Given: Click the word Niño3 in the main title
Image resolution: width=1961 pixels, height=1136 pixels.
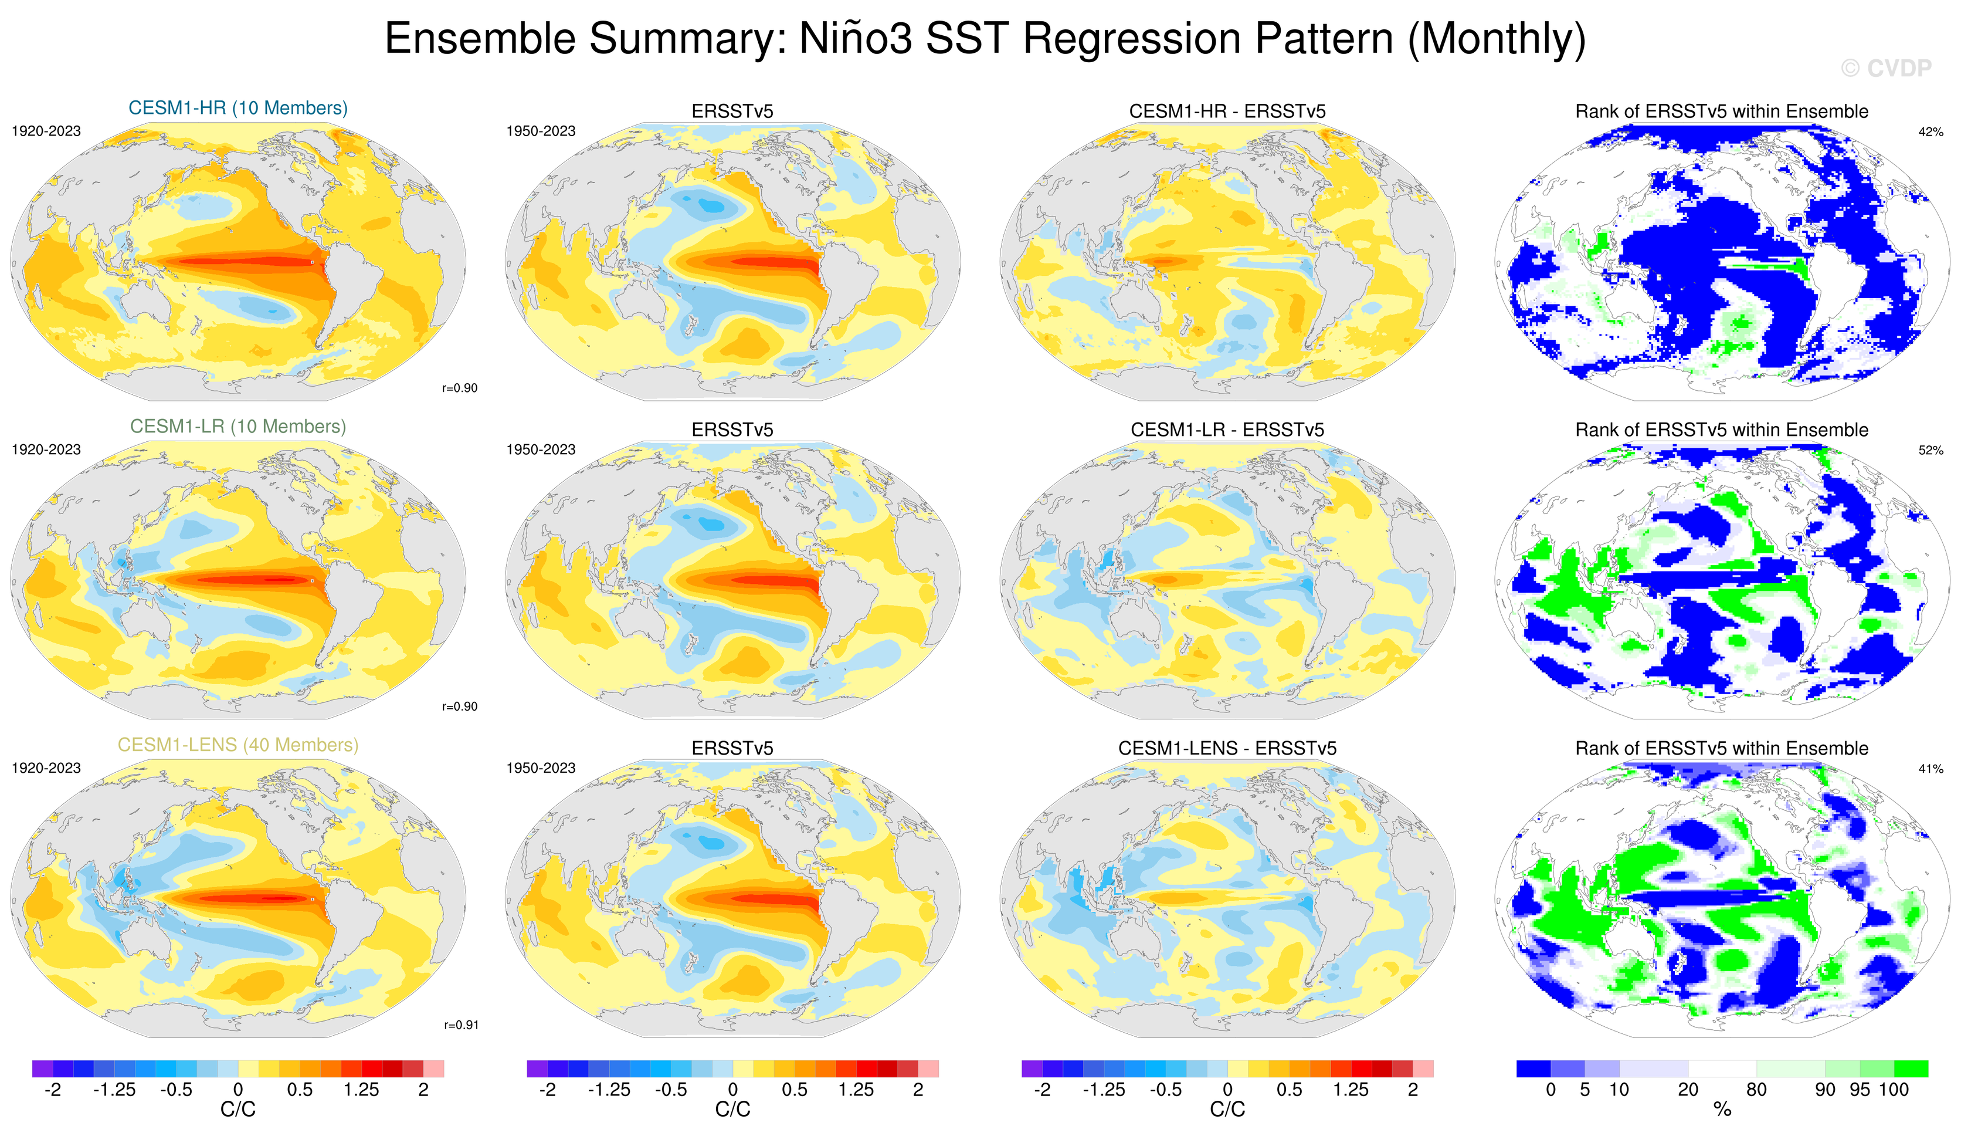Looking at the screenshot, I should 855,38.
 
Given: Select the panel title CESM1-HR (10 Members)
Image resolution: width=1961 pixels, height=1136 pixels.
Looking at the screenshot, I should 238,108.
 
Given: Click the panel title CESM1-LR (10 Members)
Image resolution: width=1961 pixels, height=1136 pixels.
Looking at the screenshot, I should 238,427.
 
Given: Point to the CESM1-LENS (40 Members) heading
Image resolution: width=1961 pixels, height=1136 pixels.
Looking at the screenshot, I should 238,745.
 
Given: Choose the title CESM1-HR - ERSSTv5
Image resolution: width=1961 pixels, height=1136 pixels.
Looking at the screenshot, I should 1227,111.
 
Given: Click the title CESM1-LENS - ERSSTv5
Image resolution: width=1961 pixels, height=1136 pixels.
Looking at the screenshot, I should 1227,748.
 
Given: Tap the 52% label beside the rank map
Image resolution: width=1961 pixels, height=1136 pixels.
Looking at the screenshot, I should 1931,450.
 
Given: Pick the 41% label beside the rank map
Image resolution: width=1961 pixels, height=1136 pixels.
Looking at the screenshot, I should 1931,769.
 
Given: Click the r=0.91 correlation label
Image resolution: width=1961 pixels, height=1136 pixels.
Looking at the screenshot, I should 462,1025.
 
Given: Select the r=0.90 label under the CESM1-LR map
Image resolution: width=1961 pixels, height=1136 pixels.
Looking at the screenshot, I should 460,706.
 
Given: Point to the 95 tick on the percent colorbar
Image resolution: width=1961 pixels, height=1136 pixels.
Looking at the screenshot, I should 1860,1089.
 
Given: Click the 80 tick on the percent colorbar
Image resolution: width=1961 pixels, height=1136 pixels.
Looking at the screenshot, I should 1756,1089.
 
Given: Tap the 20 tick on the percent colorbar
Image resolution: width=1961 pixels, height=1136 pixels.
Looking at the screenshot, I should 1688,1089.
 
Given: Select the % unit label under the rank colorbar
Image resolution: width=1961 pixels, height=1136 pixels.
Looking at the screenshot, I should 1722,1110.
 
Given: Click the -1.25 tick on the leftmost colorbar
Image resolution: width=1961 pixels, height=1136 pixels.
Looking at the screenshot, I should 114,1089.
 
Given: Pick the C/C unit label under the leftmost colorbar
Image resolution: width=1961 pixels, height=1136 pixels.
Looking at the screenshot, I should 238,1110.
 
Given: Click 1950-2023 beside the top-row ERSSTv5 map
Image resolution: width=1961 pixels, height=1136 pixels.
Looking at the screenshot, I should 541,131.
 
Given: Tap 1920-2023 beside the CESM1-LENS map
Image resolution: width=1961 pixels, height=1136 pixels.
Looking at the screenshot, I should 46,768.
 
